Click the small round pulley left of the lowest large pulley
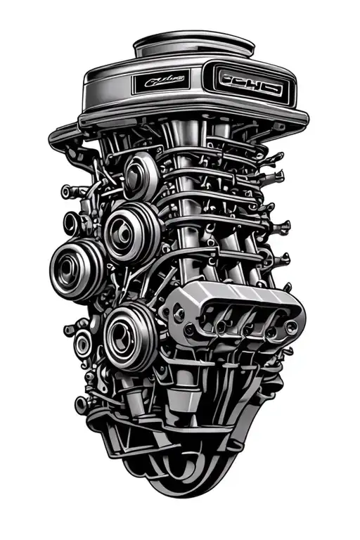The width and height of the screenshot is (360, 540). click(84, 344)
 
